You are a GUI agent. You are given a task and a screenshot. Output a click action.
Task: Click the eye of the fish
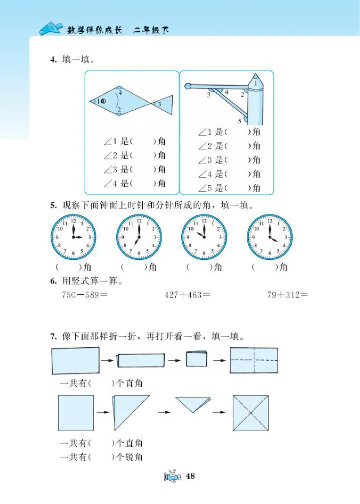coord(103,101)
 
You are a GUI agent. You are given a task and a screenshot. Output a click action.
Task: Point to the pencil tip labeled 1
coord(256,81)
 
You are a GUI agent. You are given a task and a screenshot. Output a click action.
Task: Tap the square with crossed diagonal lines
coord(251,413)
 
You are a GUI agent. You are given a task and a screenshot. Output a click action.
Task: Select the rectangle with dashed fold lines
coord(253,360)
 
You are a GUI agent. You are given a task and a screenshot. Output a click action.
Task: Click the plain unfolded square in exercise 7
coord(76,413)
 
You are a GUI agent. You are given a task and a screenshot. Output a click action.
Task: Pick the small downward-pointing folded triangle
coord(193,404)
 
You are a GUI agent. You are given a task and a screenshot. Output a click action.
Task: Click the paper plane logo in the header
coord(50,30)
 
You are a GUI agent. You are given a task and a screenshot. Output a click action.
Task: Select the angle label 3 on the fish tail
coord(159,104)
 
